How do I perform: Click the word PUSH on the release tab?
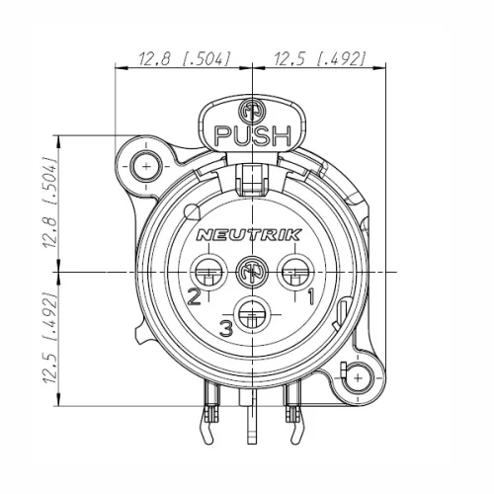point(253,135)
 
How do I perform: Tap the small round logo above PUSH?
point(253,110)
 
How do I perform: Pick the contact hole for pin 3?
point(254,317)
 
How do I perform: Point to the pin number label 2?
point(194,295)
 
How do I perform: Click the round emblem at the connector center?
point(254,269)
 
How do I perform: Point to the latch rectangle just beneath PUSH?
point(253,177)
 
